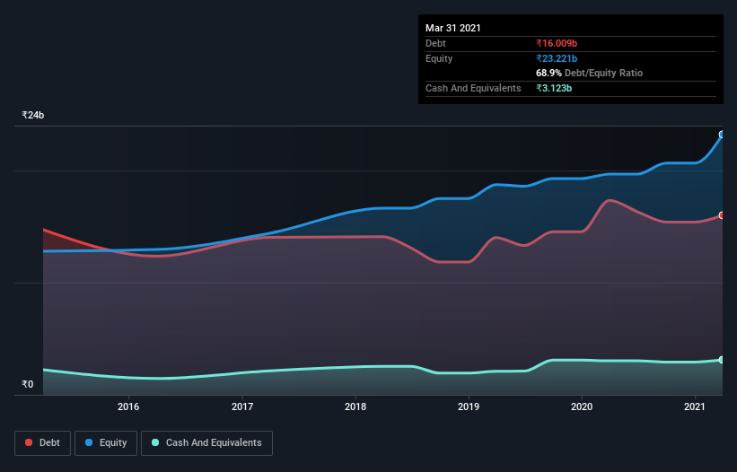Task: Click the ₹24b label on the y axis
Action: point(33,116)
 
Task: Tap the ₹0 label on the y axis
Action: point(28,385)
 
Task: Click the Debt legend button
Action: point(42,442)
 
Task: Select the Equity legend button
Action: point(106,442)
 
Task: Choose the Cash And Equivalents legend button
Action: point(206,442)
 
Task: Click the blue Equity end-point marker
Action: point(722,135)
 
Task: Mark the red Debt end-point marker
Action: point(722,215)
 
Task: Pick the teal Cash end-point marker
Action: point(722,360)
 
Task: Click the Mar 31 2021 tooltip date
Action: point(453,28)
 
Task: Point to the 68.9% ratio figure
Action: point(548,73)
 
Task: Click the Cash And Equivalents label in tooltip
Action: point(473,88)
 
